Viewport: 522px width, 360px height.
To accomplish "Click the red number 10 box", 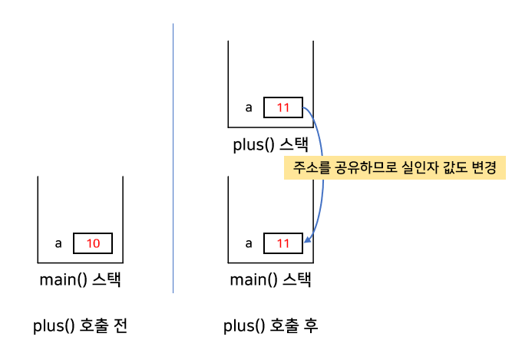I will click(x=93, y=243).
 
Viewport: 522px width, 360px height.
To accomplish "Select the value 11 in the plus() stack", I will click(x=283, y=107).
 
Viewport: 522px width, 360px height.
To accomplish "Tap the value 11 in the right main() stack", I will click(x=283, y=243).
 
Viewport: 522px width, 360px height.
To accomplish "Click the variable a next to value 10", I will click(x=58, y=243).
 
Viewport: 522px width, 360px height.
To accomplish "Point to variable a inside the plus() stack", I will click(x=248, y=107).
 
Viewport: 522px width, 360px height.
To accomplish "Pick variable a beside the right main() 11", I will click(x=248, y=243).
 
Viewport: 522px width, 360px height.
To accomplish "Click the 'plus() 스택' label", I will click(x=270, y=145).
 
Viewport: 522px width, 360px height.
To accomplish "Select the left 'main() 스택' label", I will click(x=80, y=280).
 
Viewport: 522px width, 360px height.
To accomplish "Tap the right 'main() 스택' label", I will click(x=270, y=280).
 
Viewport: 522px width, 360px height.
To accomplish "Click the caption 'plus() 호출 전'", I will click(x=80, y=325).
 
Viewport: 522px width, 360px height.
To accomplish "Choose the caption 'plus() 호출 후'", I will click(x=270, y=325).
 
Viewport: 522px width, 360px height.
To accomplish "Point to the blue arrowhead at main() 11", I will click(x=307, y=241).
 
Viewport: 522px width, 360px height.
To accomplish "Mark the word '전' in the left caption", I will click(x=120, y=325).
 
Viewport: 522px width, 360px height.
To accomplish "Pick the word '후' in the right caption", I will click(x=310, y=325).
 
